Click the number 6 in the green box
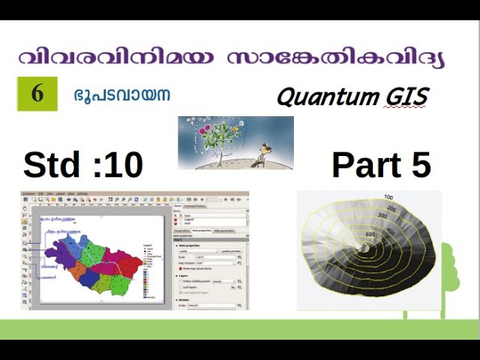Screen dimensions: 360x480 37,94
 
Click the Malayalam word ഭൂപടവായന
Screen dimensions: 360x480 122,95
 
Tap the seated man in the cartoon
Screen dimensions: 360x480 260,156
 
